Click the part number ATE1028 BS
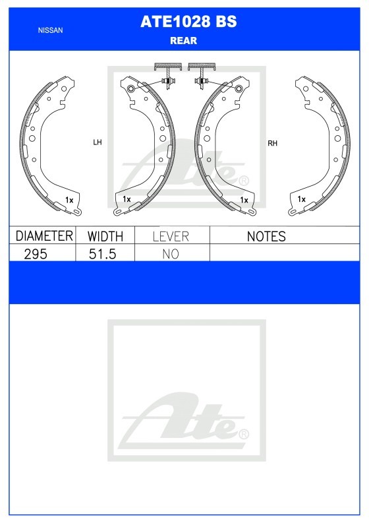188,22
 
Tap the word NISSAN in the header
50,30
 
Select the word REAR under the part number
183,41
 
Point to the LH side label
98,142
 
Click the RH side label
272,143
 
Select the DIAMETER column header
44,236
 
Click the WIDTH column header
105,236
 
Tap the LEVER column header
171,237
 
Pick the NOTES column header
266,237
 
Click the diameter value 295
36,254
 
